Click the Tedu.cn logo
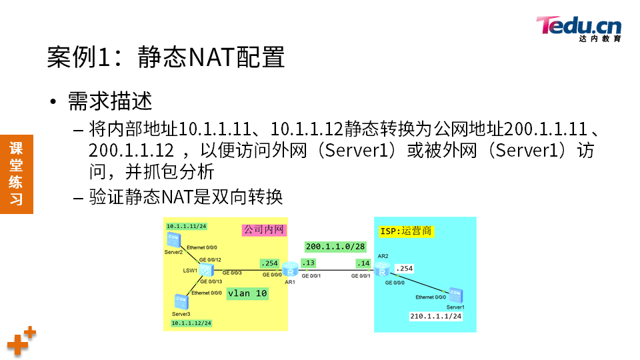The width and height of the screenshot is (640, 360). [x=579, y=28]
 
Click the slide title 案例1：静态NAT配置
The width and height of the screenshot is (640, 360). [x=166, y=57]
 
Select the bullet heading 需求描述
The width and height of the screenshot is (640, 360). [x=110, y=101]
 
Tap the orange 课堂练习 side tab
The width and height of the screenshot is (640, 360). [x=16, y=173]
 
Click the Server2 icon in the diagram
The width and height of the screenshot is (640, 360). [x=173, y=239]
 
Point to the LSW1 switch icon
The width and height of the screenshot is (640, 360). [x=207, y=270]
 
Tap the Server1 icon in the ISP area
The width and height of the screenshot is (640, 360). [x=456, y=294]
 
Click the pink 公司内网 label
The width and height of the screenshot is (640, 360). [x=263, y=230]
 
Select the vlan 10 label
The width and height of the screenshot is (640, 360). [x=247, y=293]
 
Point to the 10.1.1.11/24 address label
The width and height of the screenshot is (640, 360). [x=186, y=226]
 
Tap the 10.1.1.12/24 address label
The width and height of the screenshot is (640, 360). [x=191, y=323]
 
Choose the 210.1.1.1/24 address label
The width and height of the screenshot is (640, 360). [x=435, y=316]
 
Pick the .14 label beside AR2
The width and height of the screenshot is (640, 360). [x=363, y=263]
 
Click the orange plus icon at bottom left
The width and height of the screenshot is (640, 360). [x=21, y=342]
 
